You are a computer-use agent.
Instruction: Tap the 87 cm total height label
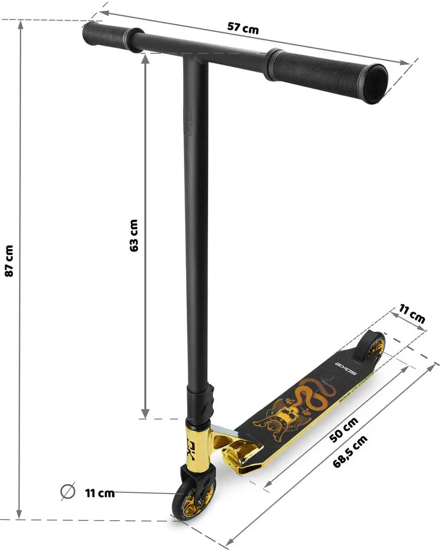pos(9,261)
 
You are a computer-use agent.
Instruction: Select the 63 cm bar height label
pos(134,235)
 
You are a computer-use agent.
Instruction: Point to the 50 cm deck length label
pos(343,430)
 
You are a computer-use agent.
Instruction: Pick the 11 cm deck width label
pos(412,313)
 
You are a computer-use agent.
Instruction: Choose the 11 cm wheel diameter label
pos(100,493)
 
